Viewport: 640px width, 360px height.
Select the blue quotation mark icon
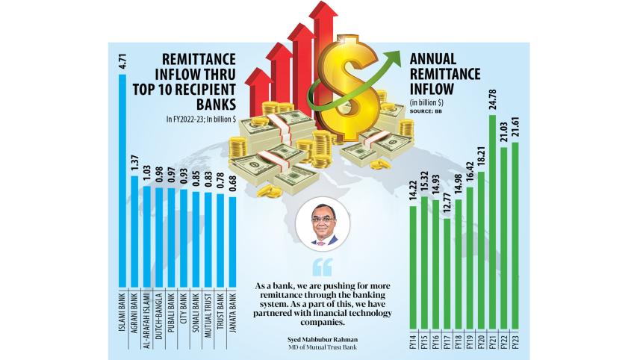click(x=322, y=267)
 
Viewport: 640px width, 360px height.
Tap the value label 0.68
click(x=232, y=184)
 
